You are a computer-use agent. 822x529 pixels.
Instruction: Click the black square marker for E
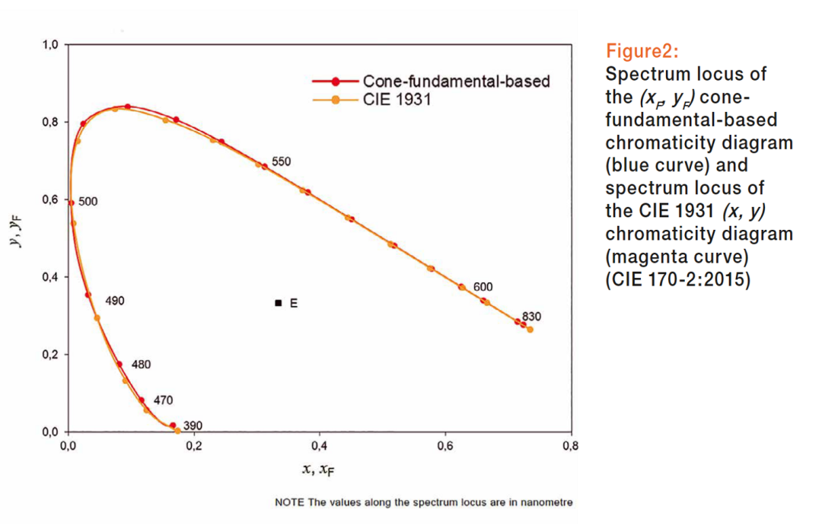(279, 303)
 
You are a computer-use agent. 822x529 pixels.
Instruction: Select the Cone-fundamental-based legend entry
(456, 81)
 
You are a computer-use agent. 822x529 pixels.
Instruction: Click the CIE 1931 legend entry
(397, 98)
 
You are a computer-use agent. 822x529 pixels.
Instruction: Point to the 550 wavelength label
(281, 161)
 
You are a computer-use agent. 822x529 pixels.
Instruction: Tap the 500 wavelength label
(88, 202)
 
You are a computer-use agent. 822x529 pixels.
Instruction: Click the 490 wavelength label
(114, 301)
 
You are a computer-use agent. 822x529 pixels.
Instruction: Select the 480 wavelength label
(141, 364)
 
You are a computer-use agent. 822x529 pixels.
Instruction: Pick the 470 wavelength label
(163, 400)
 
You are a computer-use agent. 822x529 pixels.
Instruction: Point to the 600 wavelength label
(483, 286)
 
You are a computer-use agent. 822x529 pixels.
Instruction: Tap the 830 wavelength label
(531, 317)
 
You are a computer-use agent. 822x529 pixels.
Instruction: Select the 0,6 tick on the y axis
(49, 199)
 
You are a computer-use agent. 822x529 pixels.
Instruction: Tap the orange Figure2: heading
(642, 52)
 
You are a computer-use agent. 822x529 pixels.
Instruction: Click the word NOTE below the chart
(290, 502)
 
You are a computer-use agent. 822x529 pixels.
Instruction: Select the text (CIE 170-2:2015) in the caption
(677, 280)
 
